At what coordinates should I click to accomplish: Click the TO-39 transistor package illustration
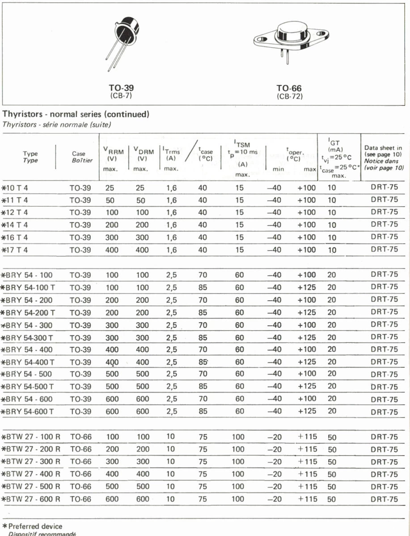pyautogui.click(x=121, y=40)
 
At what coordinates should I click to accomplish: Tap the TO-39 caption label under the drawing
pyautogui.click(x=121, y=88)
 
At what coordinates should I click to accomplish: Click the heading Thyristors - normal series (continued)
pyautogui.click(x=76, y=114)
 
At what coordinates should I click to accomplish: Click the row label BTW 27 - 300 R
pyautogui.click(x=32, y=462)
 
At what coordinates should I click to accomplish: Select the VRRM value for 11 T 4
pyautogui.click(x=110, y=200)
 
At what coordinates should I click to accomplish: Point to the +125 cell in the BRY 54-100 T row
pyautogui.click(x=306, y=287)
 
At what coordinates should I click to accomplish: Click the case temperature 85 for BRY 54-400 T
pyautogui.click(x=203, y=362)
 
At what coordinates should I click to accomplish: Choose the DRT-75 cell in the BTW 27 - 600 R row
pyautogui.click(x=384, y=499)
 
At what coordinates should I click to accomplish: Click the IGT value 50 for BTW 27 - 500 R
pyautogui.click(x=332, y=487)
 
